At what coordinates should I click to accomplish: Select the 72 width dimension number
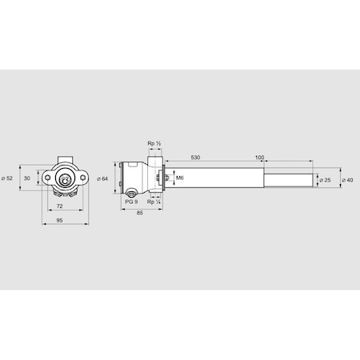coord(60,206)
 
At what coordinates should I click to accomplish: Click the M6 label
coord(179,178)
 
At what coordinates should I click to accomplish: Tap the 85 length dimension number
coord(139,214)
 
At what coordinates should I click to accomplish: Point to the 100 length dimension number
coord(259,158)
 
